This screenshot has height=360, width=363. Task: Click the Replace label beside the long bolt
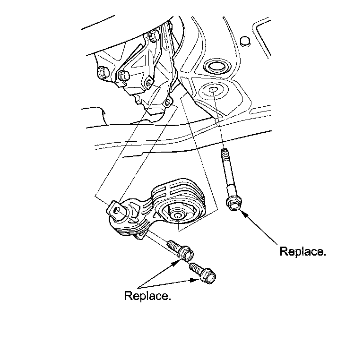coord(302,251)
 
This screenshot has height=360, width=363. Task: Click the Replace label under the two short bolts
coord(147,296)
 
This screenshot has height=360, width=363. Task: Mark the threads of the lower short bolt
coord(195,268)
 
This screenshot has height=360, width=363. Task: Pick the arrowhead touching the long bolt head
coord(242,213)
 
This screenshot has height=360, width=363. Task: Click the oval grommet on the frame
coord(217,66)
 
